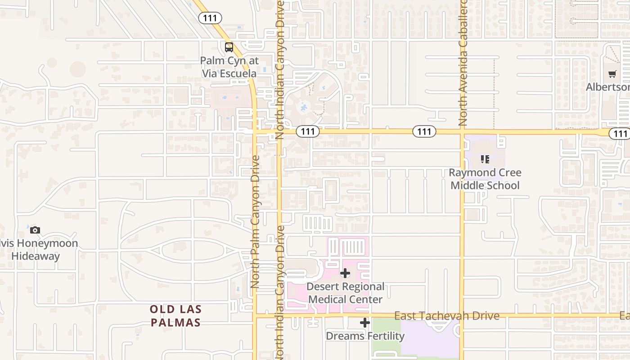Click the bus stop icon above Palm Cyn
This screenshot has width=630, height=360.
tap(229, 47)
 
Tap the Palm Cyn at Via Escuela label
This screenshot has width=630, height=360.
tap(229, 67)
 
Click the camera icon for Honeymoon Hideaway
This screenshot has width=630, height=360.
tap(35, 230)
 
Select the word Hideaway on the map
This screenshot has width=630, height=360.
tap(36, 256)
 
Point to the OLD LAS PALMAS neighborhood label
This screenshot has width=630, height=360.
tap(175, 316)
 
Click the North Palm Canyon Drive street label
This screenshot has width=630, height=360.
tap(255, 221)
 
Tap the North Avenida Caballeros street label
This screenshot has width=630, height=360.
tap(463, 63)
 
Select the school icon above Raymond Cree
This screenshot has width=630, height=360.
tap(485, 159)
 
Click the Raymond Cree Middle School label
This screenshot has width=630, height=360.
tap(485, 179)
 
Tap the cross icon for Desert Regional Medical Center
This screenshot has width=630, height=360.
tap(345, 273)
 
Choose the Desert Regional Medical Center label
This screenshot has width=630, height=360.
tap(346, 293)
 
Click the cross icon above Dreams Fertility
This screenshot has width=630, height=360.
tap(365, 323)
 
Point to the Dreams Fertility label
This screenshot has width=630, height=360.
tap(365, 336)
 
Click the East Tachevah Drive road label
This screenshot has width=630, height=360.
tap(447, 316)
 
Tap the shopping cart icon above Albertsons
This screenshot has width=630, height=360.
tap(612, 74)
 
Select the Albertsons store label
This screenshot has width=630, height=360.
tap(607, 87)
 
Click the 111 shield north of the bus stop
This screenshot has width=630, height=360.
tap(210, 18)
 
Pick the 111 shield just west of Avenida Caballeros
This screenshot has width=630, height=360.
tap(424, 131)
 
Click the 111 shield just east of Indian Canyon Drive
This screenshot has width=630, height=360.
tap(308, 131)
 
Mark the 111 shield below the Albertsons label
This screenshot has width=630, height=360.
tap(620, 134)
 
